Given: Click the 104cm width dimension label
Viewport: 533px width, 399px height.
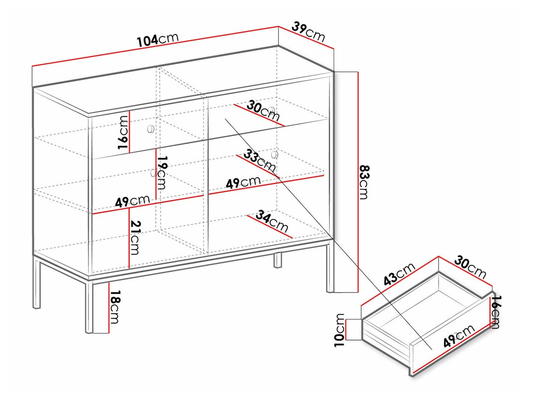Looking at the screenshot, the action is pos(158,40).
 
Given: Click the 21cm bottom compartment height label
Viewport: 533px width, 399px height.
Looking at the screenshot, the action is pos(135,237).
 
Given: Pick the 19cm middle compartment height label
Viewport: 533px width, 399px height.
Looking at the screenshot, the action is pos(162,172).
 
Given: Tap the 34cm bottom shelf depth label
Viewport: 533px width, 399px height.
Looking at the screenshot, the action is pos(272,221).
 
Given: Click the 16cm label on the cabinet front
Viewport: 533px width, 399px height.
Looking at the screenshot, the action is pos(122,132).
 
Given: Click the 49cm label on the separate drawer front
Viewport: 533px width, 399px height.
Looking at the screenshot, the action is pos(459,336).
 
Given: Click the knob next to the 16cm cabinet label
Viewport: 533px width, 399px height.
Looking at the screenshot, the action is pos(151,129).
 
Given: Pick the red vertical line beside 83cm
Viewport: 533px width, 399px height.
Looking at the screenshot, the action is pos(358,182).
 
